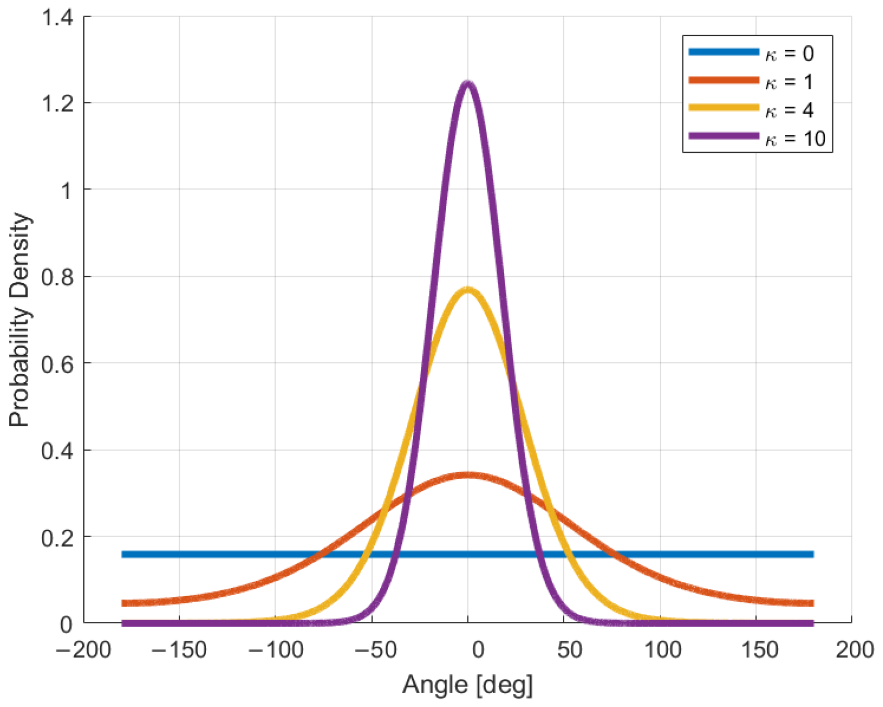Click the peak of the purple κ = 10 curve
(468, 84)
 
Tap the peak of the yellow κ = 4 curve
(468, 290)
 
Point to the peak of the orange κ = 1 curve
(468, 475)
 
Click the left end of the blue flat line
(123, 554)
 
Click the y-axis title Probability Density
(19, 320)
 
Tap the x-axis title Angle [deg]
(467, 685)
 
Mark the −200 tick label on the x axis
(83, 650)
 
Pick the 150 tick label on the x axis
(758, 650)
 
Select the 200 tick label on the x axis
(854, 650)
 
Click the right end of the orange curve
(812, 603)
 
